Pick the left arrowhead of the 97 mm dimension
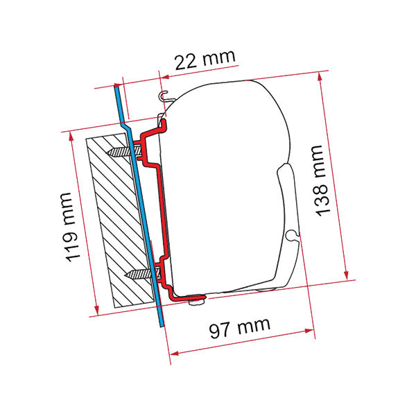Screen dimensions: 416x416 click(x=173, y=354)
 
